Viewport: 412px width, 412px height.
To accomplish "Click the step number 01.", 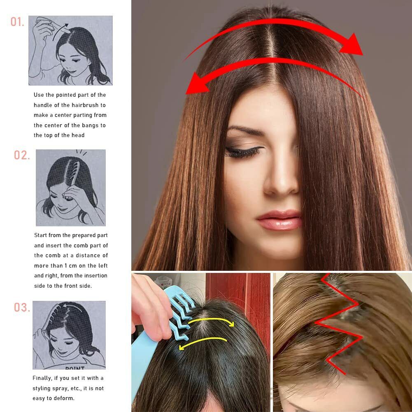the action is coord(17,22).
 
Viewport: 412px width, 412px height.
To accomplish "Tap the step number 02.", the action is coord(22,155).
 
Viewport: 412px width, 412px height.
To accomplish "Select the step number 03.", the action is coord(22,307).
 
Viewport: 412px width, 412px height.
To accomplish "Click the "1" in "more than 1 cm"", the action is coord(66,265).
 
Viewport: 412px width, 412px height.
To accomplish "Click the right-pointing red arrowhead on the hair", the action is coord(353,45).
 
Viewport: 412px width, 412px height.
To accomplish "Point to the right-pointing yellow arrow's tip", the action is coord(233,324).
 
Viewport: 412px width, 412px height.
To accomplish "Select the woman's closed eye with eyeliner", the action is coord(243,152).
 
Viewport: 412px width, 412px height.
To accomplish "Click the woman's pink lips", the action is coord(279,220).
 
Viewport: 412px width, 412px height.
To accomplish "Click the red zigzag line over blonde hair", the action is coord(339,323).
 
